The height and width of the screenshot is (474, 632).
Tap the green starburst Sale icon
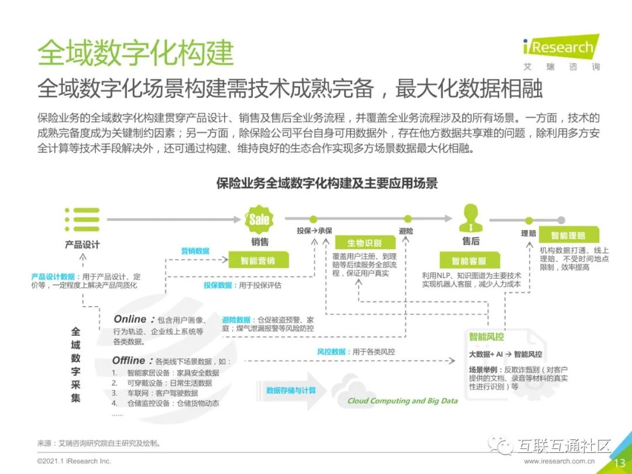(x=259, y=219)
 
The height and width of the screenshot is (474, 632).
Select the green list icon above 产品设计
(x=82, y=219)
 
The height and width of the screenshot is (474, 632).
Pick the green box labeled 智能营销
(x=257, y=260)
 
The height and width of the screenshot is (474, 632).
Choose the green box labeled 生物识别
(x=364, y=243)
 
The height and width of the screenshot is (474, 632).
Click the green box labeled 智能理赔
(x=568, y=235)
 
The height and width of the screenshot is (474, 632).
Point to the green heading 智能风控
(x=486, y=337)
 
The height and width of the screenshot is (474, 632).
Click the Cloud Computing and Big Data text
(x=403, y=401)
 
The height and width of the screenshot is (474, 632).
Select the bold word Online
(x=130, y=320)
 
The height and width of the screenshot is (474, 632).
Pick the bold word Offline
(x=129, y=360)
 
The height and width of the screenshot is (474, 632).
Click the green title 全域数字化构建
(x=135, y=53)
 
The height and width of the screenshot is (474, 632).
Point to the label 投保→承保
(x=314, y=231)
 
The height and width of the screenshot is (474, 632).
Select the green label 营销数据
(x=195, y=251)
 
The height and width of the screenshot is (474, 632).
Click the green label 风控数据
(x=331, y=352)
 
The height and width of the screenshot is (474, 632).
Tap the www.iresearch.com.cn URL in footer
(x=561, y=462)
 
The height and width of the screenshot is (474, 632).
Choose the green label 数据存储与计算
(x=291, y=390)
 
